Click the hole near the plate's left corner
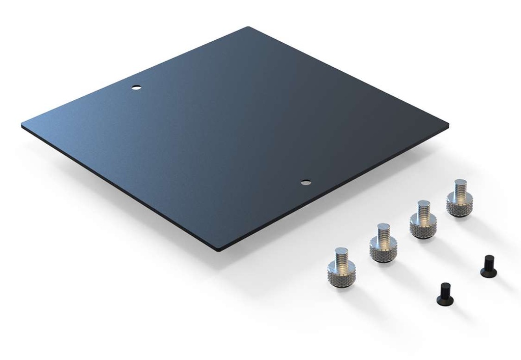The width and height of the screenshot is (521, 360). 136,88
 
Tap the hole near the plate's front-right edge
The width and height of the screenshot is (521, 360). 305,182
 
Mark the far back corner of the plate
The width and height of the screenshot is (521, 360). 248,28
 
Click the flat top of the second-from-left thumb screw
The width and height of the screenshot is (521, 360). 383,227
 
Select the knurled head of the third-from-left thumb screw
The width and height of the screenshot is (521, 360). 422,230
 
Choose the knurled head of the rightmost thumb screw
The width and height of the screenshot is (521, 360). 459,207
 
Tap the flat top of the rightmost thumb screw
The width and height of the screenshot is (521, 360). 460,182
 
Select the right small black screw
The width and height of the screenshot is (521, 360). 488,265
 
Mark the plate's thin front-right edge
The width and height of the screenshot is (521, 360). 336,188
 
